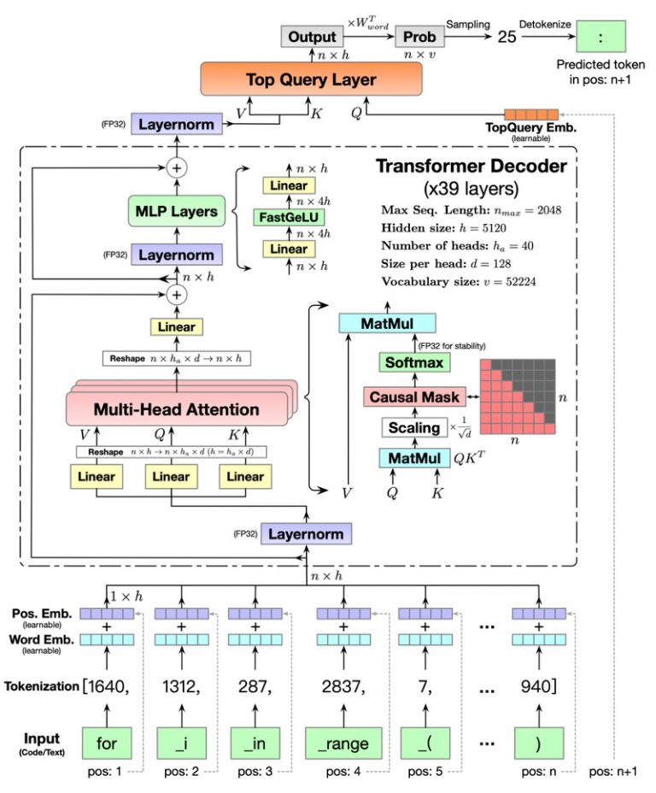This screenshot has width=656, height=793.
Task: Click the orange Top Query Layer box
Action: click(x=311, y=80)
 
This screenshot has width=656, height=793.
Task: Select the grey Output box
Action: click(x=311, y=37)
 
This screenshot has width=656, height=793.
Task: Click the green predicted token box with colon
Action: click(x=600, y=38)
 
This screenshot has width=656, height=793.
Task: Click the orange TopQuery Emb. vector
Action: click(x=530, y=114)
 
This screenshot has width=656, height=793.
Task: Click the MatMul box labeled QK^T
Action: click(x=413, y=459)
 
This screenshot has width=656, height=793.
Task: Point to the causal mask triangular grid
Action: click(x=516, y=396)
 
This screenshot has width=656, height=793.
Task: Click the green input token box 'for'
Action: click(x=107, y=743)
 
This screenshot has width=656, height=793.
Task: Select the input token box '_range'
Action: click(x=343, y=743)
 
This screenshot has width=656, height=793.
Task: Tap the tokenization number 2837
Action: click(x=343, y=685)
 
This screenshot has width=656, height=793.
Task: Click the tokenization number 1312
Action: click(x=181, y=685)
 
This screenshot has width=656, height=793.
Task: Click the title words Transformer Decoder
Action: click(x=470, y=166)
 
